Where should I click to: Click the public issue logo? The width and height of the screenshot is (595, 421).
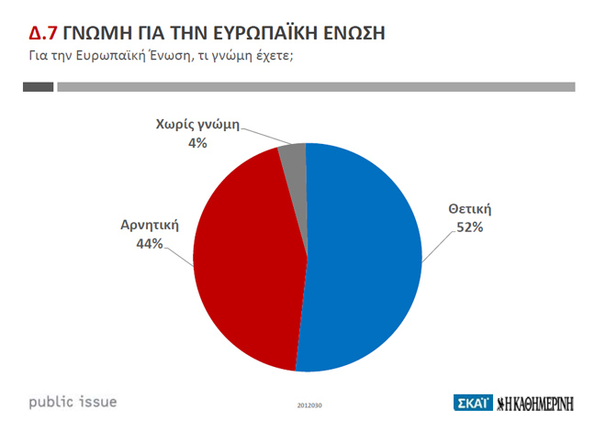coord(73,401)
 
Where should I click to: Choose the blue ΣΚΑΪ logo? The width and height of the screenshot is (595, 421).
coord(472,403)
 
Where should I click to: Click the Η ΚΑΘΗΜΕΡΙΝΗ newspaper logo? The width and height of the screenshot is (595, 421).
coord(535,403)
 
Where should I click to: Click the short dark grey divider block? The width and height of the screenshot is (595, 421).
coord(38,87)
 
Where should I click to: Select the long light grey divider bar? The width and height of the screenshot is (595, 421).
coord(316,87)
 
